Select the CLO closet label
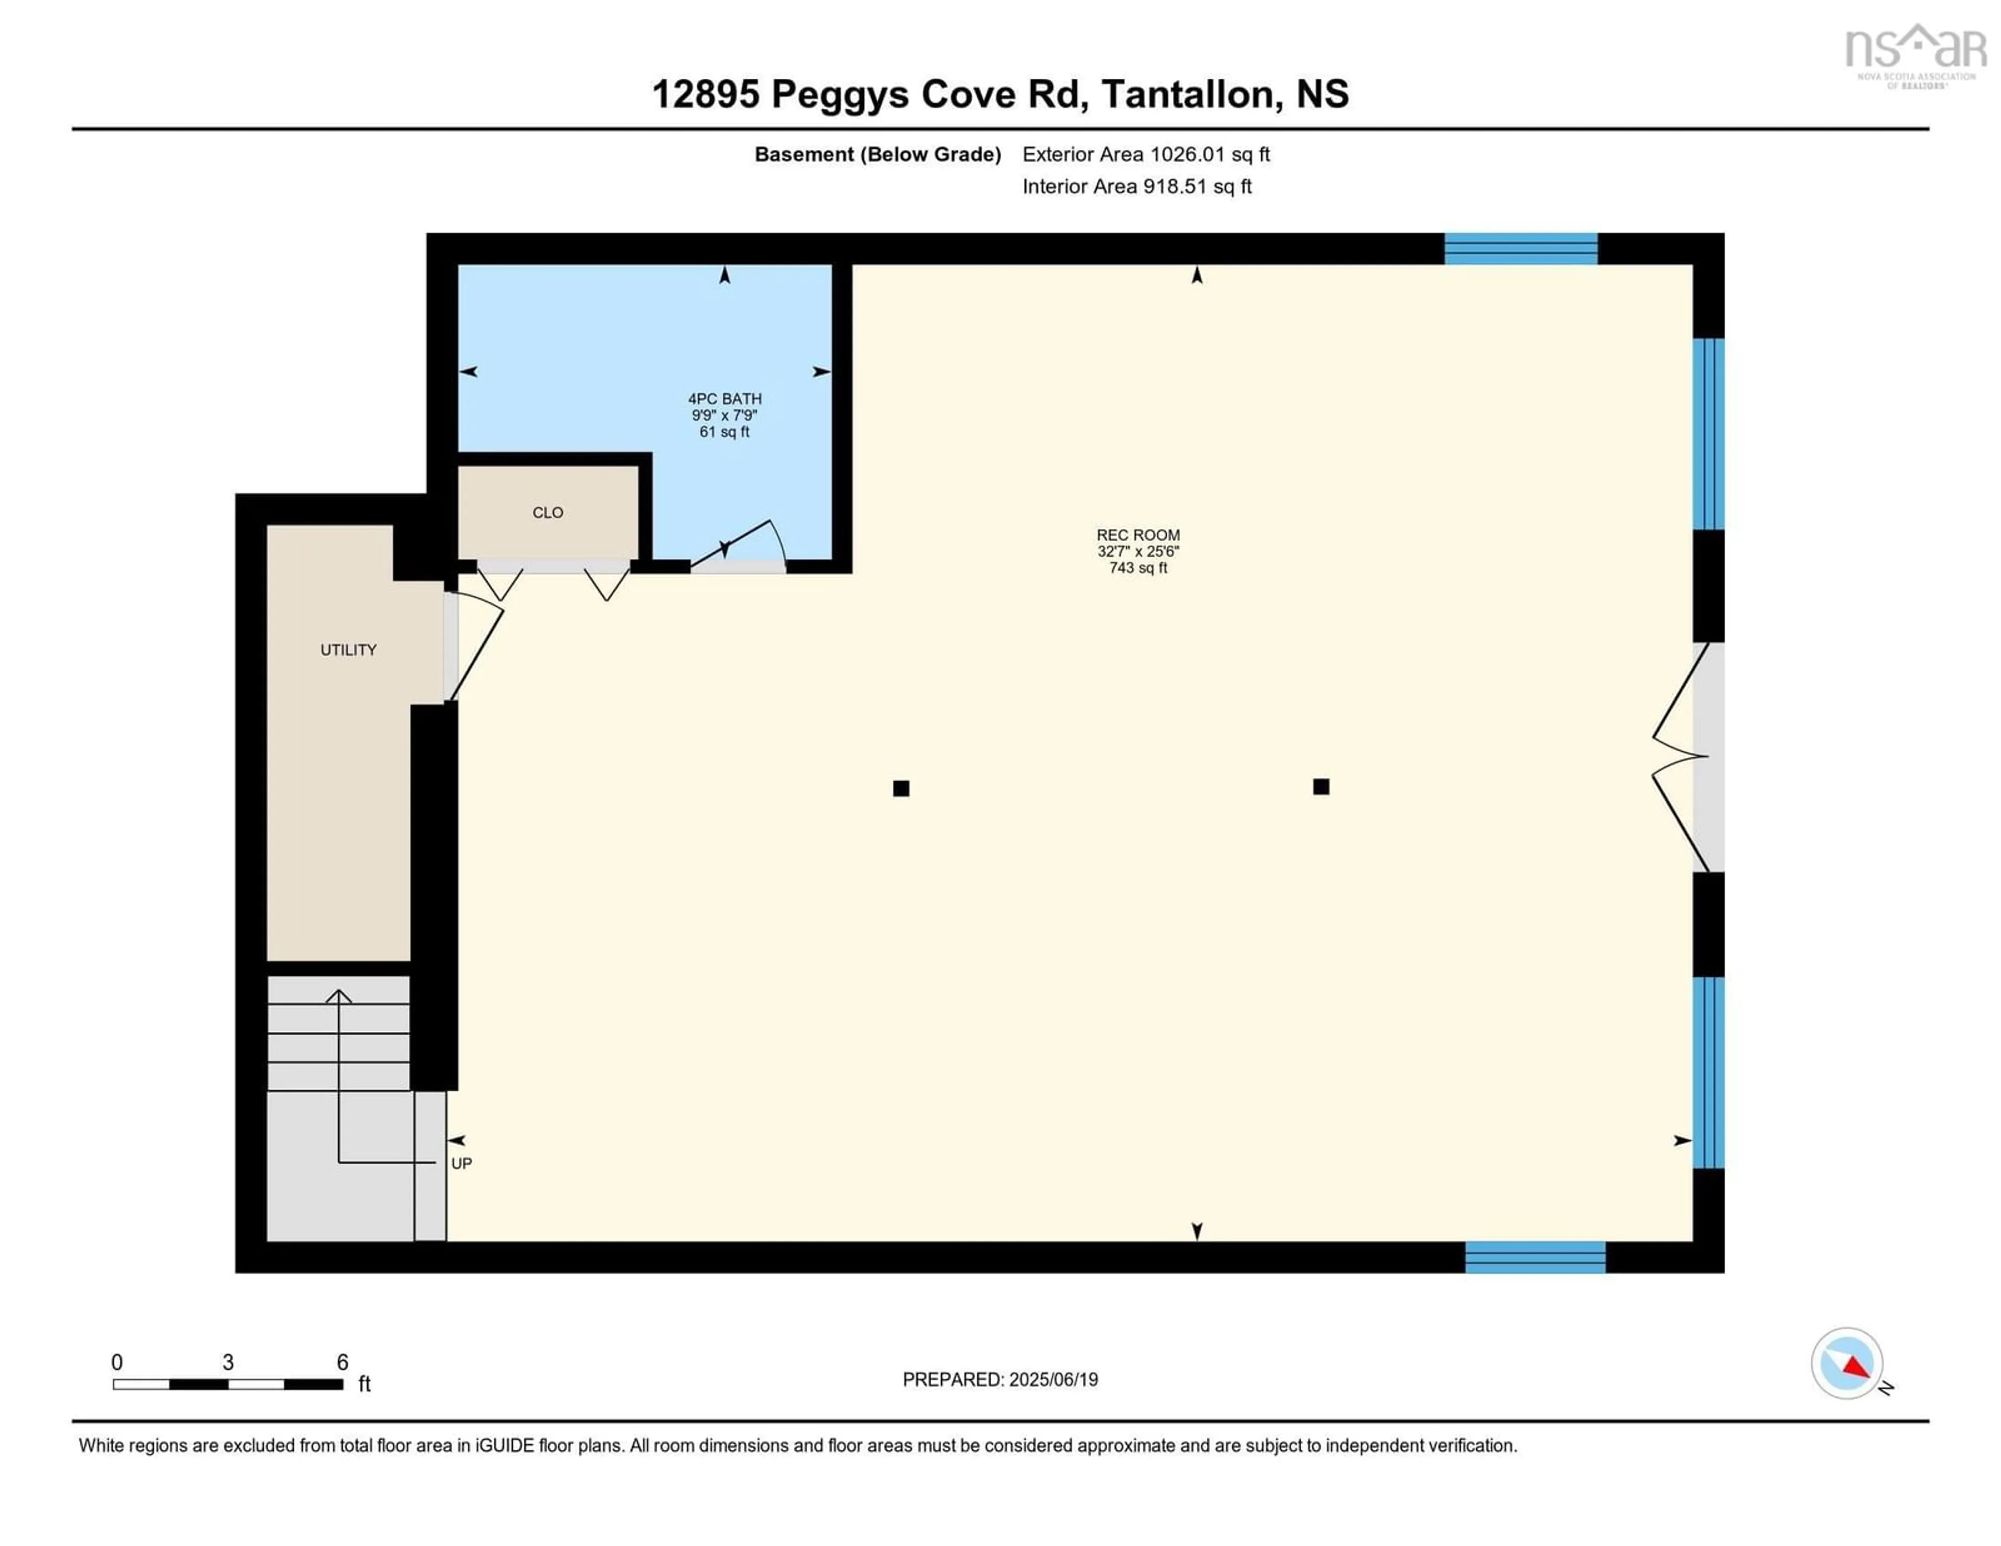click(547, 512)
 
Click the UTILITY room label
click(348, 650)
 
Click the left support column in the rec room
click(900, 788)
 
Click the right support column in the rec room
click(1320, 786)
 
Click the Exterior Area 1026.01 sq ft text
click(1145, 154)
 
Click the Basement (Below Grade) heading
click(877, 154)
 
